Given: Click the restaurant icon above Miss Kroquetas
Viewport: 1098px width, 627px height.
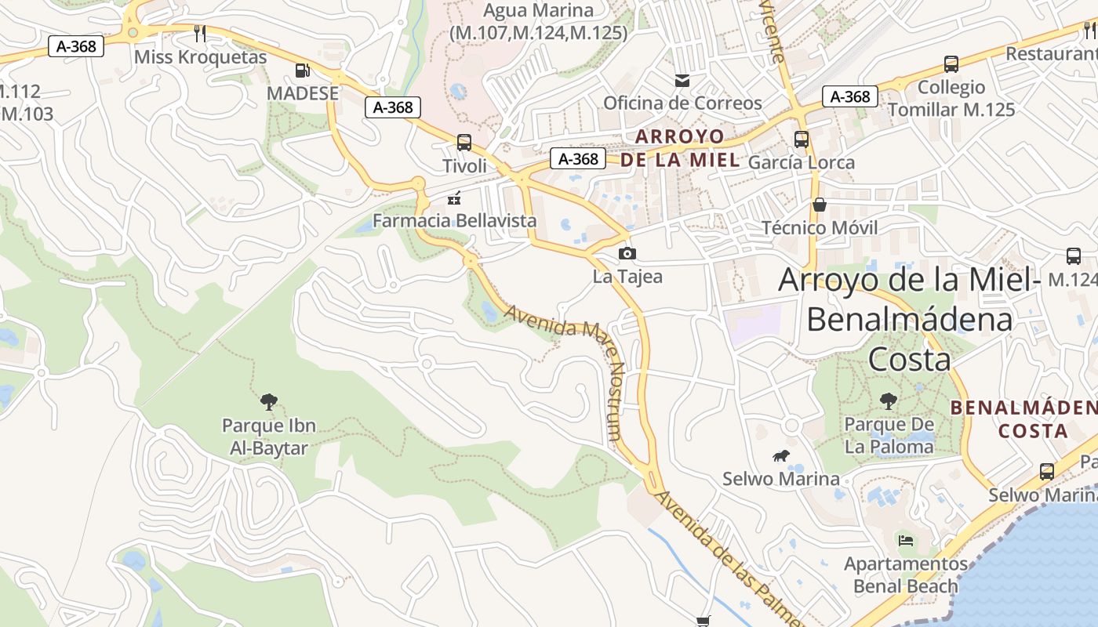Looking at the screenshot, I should (x=200, y=33).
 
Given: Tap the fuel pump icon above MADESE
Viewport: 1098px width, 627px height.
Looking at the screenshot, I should (x=302, y=71).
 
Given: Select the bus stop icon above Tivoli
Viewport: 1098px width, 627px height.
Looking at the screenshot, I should (x=464, y=143).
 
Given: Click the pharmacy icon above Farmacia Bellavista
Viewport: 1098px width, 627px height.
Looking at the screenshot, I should (x=453, y=198).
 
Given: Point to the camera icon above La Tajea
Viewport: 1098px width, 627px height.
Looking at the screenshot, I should (x=627, y=253).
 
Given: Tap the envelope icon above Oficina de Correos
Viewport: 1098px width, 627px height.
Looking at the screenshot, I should (x=682, y=80).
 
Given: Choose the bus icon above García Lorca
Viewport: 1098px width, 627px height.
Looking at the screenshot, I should (x=801, y=140).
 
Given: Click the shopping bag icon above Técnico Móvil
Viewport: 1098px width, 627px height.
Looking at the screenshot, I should (x=820, y=205).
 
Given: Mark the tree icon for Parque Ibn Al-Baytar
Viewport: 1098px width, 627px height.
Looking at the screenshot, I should (x=268, y=402).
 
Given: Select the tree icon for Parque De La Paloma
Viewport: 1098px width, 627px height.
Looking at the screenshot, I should (x=888, y=401).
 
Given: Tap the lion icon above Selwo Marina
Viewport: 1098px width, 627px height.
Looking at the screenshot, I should (x=780, y=456).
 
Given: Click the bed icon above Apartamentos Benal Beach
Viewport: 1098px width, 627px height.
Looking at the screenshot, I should (x=905, y=540).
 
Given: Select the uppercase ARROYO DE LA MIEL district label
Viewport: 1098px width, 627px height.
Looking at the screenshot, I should (x=679, y=148).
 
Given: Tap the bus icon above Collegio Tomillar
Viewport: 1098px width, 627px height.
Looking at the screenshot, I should (x=951, y=64).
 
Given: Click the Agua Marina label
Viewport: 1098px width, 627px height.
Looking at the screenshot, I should (x=537, y=11).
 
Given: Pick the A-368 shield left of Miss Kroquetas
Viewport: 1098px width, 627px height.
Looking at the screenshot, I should (x=76, y=46).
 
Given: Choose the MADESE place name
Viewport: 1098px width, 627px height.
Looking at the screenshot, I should (x=303, y=93).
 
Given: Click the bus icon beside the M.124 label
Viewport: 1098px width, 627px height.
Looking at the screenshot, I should (x=1073, y=256).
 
